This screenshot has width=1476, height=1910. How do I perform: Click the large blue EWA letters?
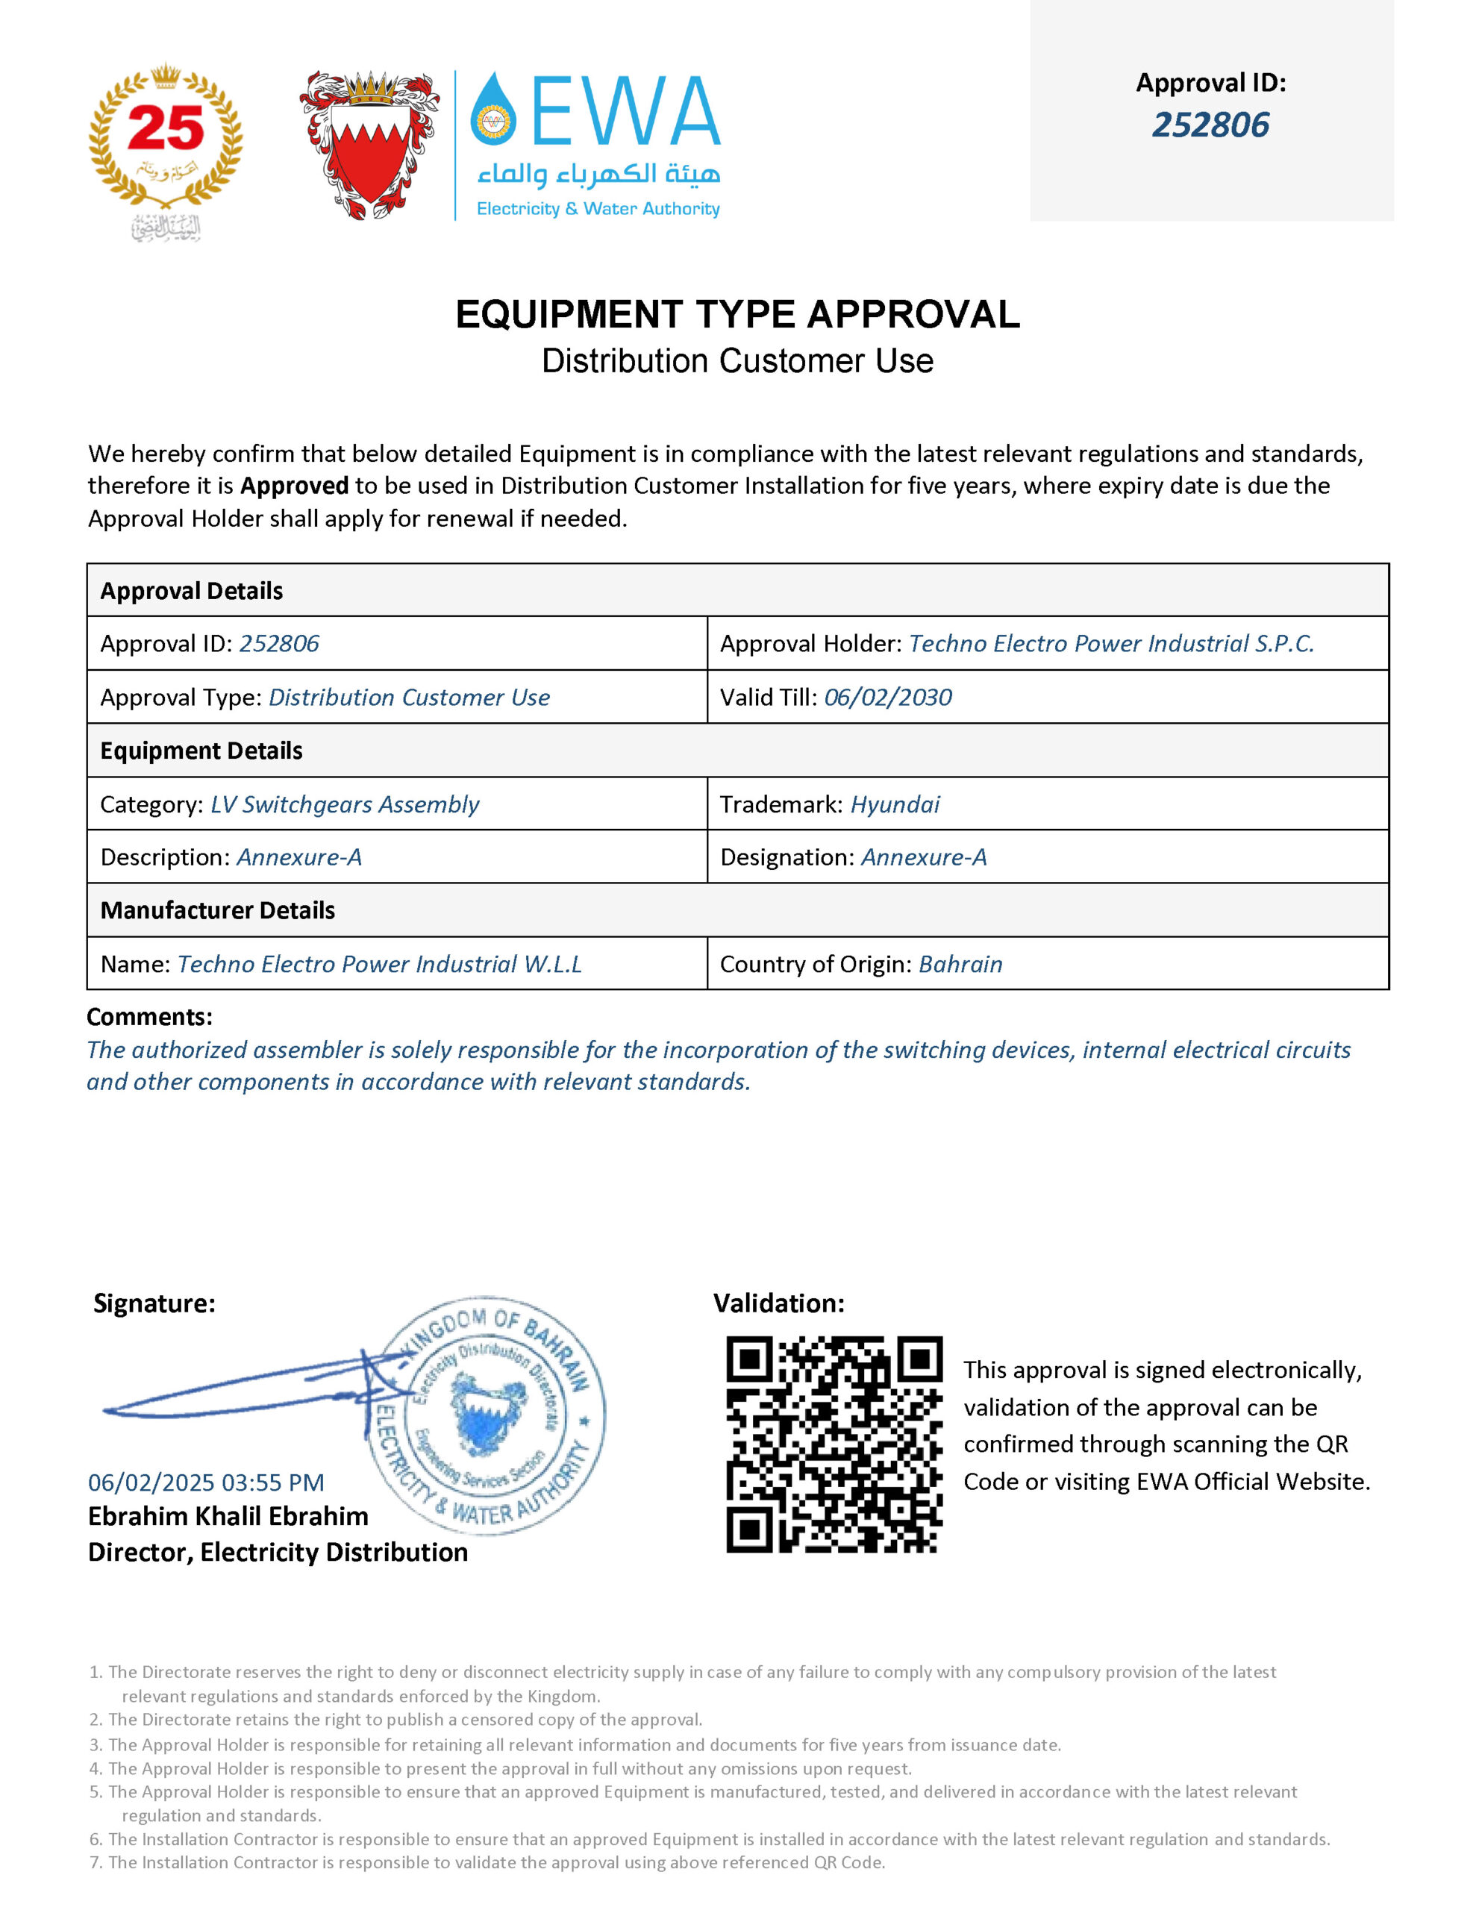click(x=625, y=111)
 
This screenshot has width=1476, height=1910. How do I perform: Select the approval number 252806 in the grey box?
click(x=1210, y=125)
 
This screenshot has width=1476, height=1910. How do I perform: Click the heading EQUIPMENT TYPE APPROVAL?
click(x=737, y=315)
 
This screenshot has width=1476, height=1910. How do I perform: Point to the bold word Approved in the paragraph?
click(x=294, y=486)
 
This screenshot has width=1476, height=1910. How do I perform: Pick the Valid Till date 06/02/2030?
click(x=888, y=697)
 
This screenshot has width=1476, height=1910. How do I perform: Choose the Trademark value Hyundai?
click(x=895, y=804)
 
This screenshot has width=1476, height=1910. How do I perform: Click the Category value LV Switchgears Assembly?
click(x=345, y=804)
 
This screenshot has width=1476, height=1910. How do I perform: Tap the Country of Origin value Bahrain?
click(x=960, y=964)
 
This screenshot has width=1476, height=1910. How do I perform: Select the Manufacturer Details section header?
click(x=218, y=910)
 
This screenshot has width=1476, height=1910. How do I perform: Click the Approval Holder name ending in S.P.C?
click(x=1111, y=644)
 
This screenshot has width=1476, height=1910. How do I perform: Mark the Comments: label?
click(x=149, y=1017)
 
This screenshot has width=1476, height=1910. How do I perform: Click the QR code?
click(x=834, y=1444)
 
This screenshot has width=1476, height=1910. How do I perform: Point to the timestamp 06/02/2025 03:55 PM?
click(x=207, y=1483)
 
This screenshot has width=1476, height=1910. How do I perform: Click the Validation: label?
click(x=779, y=1303)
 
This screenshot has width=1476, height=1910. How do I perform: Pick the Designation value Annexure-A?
click(x=924, y=857)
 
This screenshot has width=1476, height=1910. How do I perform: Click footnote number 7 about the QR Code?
click(x=495, y=1863)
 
